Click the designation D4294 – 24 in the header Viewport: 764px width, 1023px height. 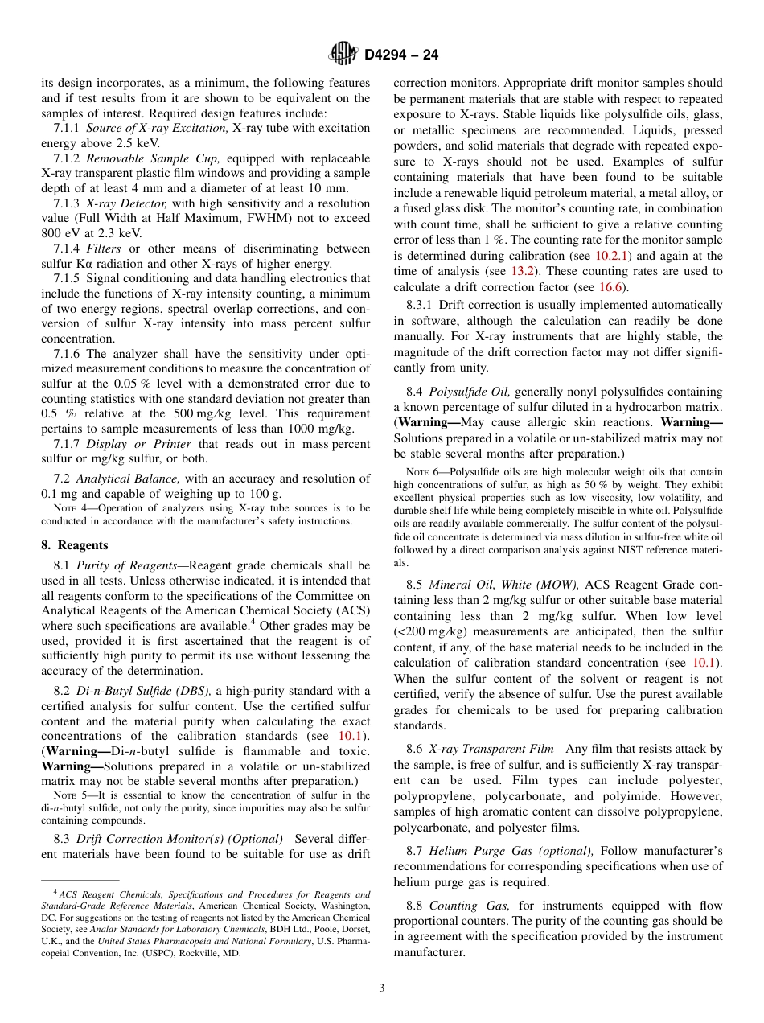[x=401, y=55]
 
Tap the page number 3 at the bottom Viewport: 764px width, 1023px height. [x=382, y=988]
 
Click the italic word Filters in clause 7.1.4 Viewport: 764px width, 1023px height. [x=104, y=249]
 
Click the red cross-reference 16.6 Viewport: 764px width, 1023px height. [x=614, y=287]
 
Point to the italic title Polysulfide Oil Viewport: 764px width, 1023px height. [x=469, y=392]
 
